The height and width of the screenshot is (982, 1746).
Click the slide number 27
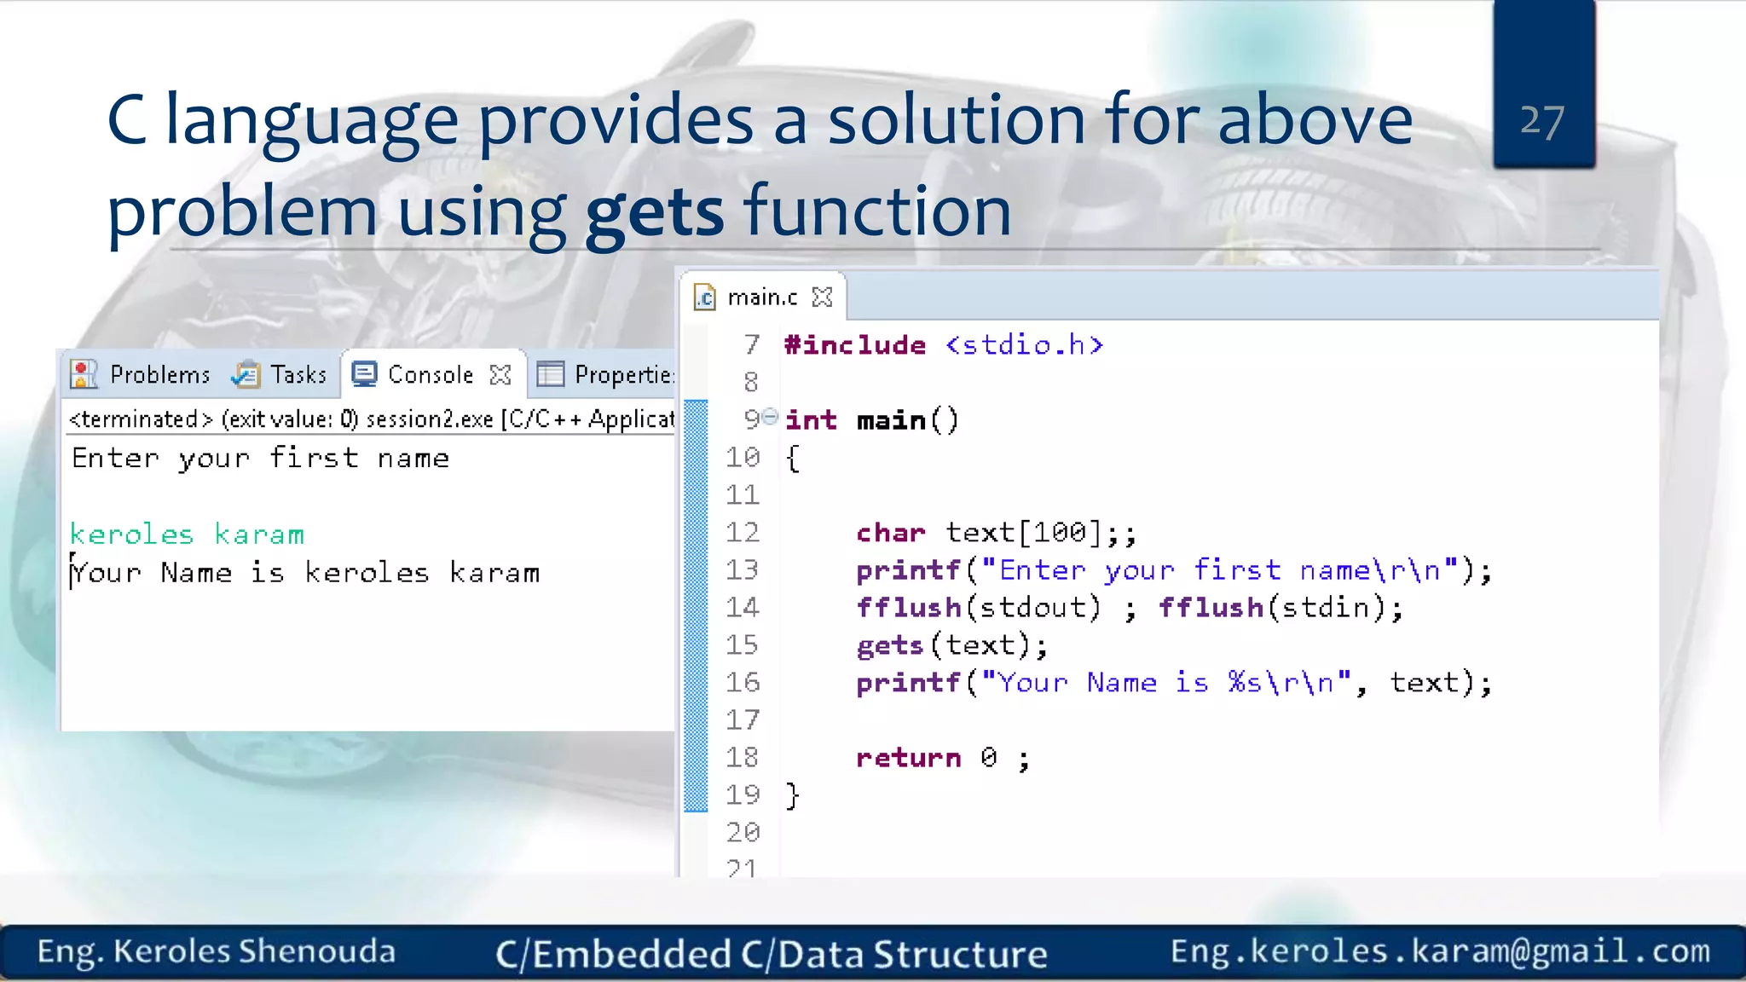coord(1542,122)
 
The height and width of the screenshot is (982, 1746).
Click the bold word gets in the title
coord(654,212)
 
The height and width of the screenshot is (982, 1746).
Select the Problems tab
coord(159,374)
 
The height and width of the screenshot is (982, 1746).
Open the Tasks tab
coord(298,374)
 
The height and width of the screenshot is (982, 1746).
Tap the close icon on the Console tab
coord(500,374)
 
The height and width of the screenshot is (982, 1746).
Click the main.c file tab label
coord(762,297)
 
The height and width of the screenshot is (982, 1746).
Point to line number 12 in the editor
coord(742,533)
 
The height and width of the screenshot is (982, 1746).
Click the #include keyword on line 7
coord(854,345)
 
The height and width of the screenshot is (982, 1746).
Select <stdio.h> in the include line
coord(1024,345)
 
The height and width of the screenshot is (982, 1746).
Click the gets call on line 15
coord(890,645)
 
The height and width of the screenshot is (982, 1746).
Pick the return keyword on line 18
coord(908,758)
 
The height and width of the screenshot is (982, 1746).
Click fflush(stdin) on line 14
coord(1279,608)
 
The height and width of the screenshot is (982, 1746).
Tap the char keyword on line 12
coord(890,533)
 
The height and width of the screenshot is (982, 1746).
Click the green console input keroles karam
coord(187,534)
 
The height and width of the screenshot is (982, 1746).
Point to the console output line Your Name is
coord(305,573)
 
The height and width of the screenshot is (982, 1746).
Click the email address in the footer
coord(1439,950)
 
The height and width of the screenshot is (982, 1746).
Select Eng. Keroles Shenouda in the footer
coord(216,951)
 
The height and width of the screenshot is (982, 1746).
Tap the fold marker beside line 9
coord(770,417)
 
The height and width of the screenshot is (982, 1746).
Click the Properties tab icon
coord(550,374)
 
